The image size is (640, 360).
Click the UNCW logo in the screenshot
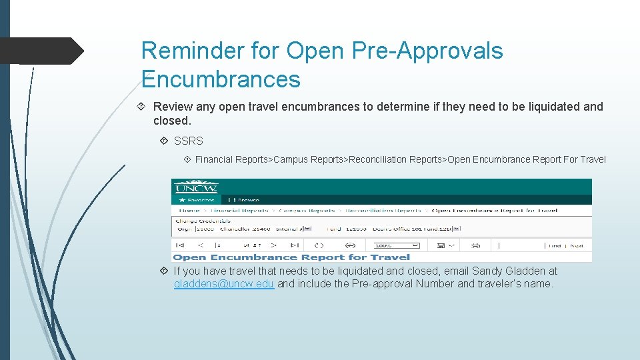196,187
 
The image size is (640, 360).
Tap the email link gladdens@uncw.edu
223,284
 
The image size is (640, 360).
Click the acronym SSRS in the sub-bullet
189,141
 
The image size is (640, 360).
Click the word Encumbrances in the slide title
221,79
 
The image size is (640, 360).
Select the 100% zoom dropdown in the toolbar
408,245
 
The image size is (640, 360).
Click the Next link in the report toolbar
577,245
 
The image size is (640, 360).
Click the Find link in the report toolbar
554,245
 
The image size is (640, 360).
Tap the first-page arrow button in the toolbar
179,245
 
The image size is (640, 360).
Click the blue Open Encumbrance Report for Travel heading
291,257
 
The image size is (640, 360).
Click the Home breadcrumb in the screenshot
189,210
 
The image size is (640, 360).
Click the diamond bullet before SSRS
165,141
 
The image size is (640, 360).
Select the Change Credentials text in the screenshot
202,220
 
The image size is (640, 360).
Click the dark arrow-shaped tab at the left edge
40,51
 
